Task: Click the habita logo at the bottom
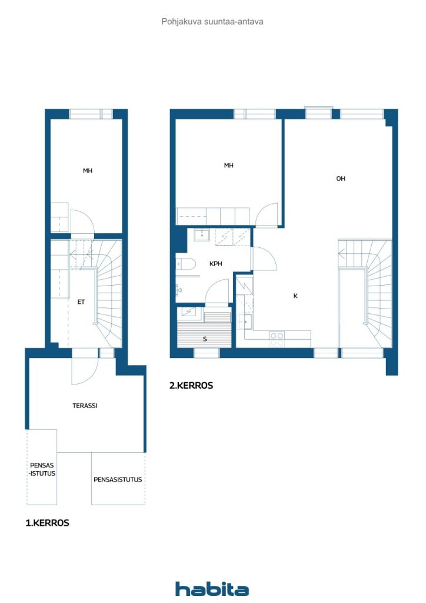(x=212, y=589)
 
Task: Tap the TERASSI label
(x=85, y=405)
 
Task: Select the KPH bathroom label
(x=216, y=264)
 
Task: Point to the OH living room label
(x=341, y=178)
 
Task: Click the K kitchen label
(x=295, y=296)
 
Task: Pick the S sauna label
(x=205, y=339)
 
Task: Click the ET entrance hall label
(x=81, y=302)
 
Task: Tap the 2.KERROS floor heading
(x=191, y=385)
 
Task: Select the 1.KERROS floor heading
(x=47, y=523)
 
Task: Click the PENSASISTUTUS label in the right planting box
(x=118, y=479)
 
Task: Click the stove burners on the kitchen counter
(x=277, y=339)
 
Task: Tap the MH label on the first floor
(x=88, y=170)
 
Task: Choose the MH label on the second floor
(x=228, y=165)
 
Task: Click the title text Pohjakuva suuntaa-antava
(x=212, y=22)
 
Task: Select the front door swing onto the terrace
(x=85, y=371)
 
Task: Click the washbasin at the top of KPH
(x=202, y=234)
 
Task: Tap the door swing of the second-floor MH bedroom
(x=267, y=215)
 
